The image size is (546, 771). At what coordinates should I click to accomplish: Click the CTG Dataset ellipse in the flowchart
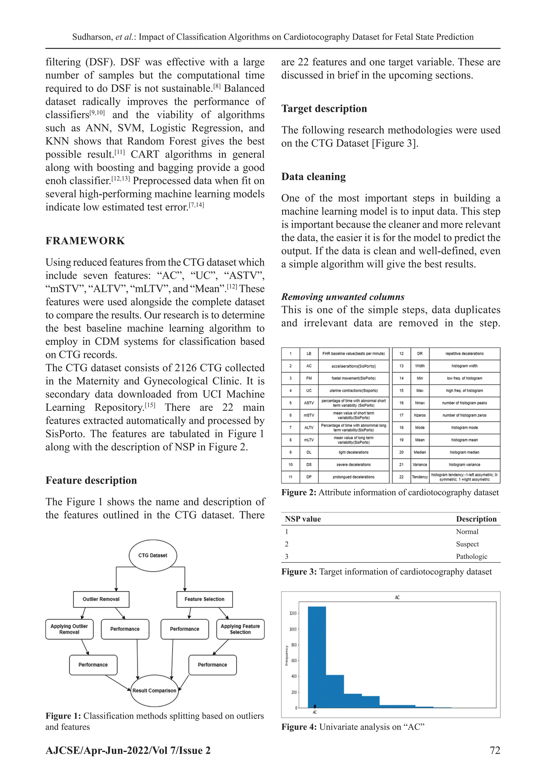tap(153, 555)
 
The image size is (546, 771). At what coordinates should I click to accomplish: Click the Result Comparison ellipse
tap(154, 690)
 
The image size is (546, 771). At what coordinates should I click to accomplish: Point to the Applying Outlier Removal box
tap(69, 629)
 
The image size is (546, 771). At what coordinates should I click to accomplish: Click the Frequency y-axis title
tap(286, 655)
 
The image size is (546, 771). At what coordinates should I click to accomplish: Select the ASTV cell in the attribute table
tap(309, 403)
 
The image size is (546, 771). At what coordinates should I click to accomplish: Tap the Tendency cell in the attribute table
tap(420, 477)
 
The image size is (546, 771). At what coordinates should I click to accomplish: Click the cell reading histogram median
tap(464, 452)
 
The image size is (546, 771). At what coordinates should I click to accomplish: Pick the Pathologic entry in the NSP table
tap(471, 556)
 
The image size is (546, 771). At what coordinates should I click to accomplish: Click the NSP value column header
tap(303, 519)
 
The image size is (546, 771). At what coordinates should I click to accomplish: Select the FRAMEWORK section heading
tap(85, 241)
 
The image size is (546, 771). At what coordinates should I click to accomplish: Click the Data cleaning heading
tap(313, 177)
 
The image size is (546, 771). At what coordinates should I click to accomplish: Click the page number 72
tap(495, 750)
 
